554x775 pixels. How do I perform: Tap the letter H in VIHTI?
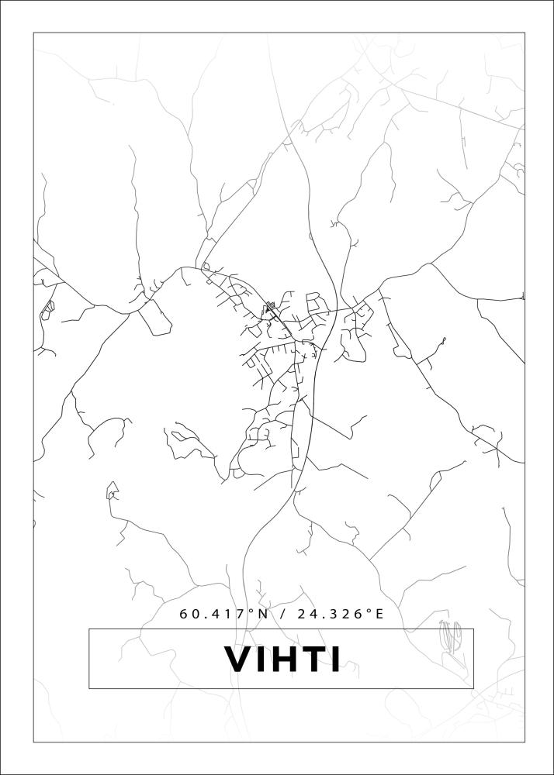(x=282, y=660)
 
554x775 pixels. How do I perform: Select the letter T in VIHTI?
(x=312, y=660)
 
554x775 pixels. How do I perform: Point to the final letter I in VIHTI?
(x=334, y=660)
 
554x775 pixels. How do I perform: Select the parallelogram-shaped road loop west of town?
(x=155, y=318)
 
